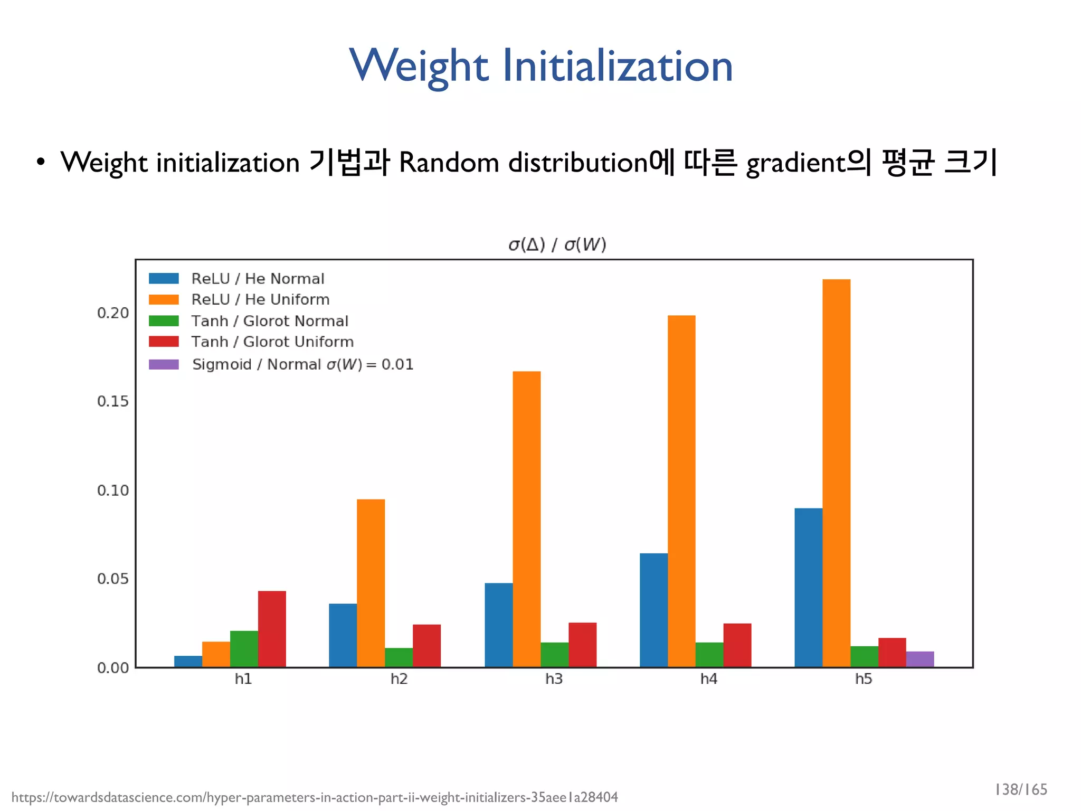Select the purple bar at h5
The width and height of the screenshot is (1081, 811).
tap(920, 659)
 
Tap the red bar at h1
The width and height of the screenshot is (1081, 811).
tap(272, 629)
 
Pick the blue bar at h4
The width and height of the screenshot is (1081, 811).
tap(653, 610)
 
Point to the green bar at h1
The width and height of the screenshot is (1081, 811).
tap(244, 649)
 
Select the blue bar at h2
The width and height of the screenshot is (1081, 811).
tap(343, 635)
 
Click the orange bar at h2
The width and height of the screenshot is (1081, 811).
tap(371, 583)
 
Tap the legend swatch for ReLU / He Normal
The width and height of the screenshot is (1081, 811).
tap(164, 278)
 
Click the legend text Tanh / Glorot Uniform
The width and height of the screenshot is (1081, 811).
tap(272, 342)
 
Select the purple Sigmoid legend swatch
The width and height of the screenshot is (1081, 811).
tap(164, 364)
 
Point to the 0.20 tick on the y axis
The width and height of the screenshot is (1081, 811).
tap(113, 313)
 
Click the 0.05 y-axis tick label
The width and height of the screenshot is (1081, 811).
tap(113, 579)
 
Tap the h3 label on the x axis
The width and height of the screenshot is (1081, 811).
tap(554, 679)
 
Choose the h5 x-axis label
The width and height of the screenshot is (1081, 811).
tap(864, 679)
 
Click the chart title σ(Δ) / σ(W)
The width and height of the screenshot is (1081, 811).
tap(557, 244)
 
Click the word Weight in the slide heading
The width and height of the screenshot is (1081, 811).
tap(419, 66)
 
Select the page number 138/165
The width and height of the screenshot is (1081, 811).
tap(1020, 789)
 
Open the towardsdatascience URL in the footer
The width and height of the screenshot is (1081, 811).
tap(315, 797)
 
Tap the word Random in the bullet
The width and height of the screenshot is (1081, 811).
tap(449, 163)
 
